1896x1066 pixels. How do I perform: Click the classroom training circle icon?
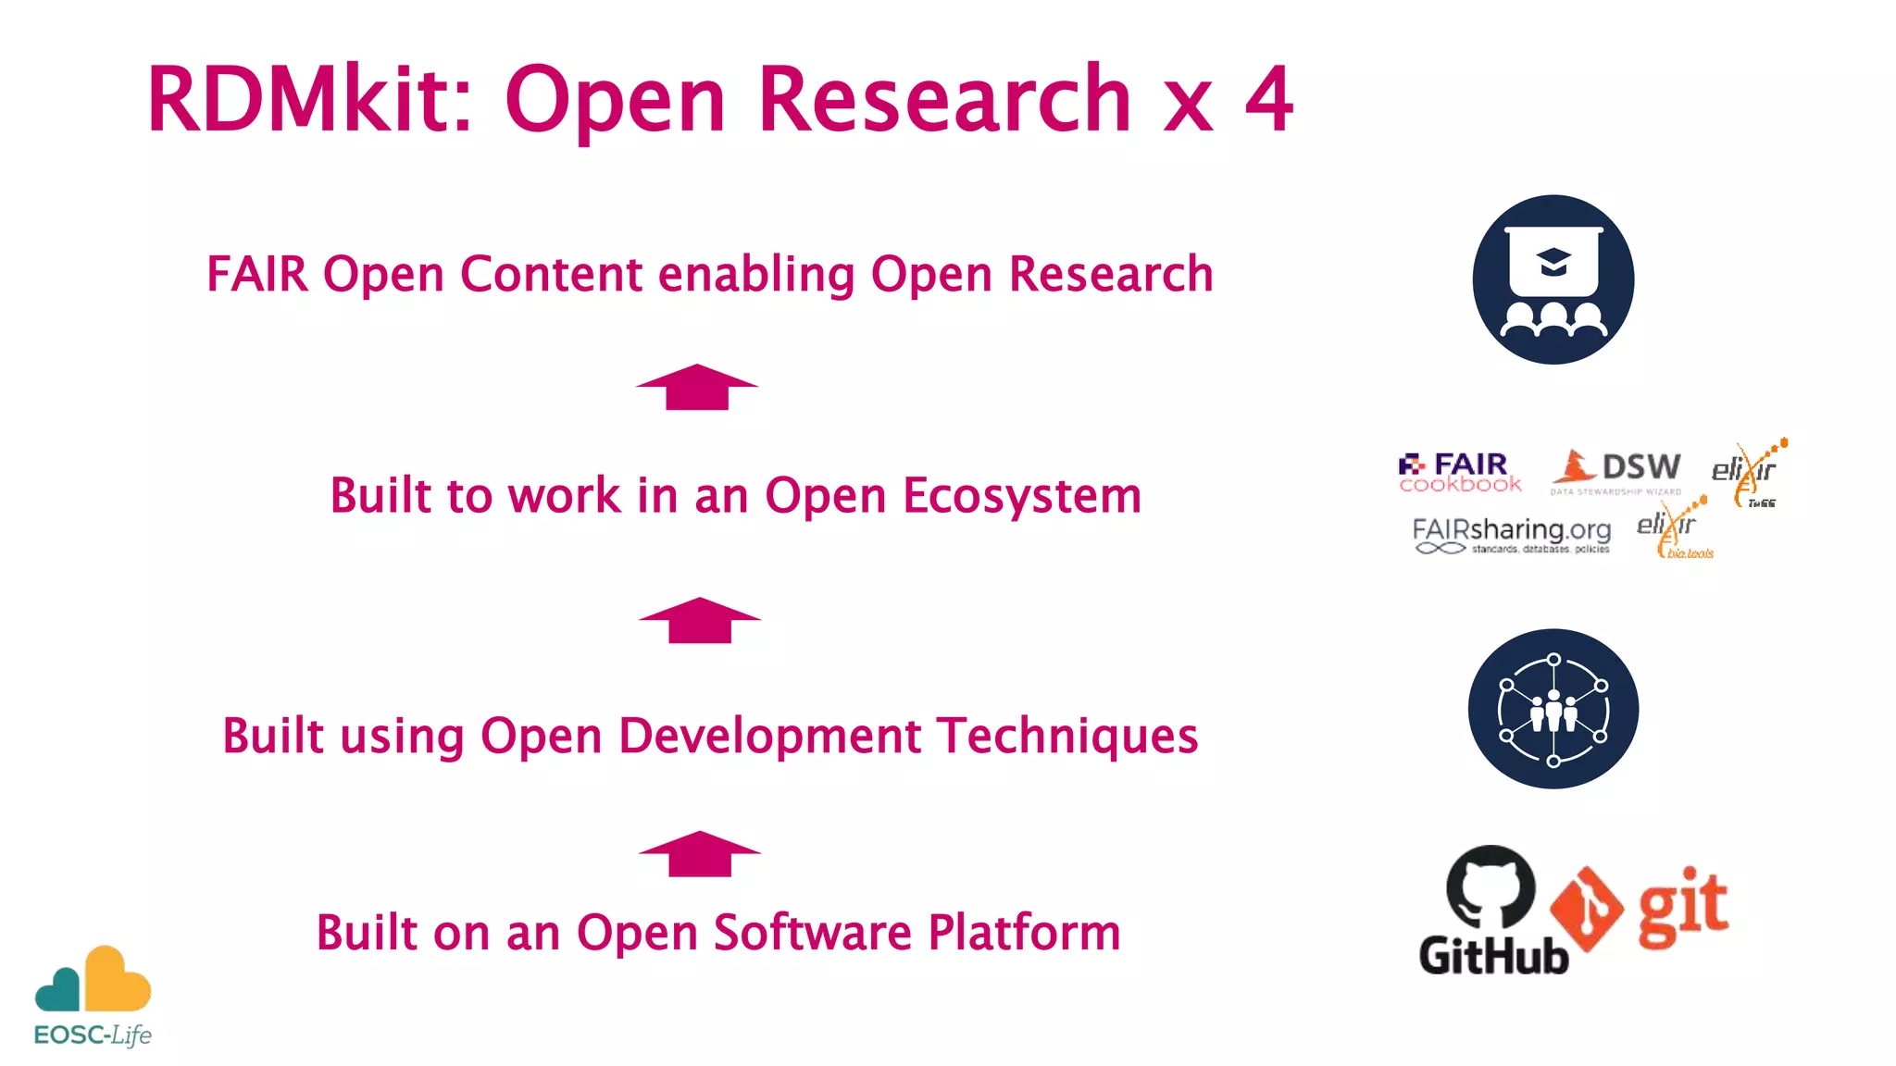[x=1553, y=279]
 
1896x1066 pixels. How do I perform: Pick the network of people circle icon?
[x=1553, y=709]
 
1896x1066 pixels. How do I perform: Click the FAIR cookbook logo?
[x=1460, y=473]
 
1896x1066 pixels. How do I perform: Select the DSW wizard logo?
[x=1617, y=470]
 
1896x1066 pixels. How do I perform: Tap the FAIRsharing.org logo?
[x=1511, y=535]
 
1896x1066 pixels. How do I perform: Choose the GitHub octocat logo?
[x=1491, y=886]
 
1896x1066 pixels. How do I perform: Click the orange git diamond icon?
[x=1586, y=909]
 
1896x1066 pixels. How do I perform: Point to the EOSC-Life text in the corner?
[x=93, y=1035]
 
